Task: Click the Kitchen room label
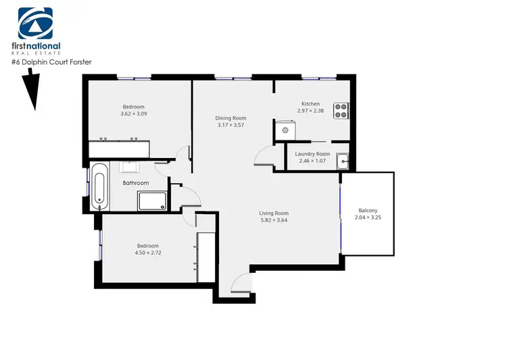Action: [310, 104]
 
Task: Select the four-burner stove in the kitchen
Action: [341, 110]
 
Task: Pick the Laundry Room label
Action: [312, 154]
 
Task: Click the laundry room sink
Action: [343, 161]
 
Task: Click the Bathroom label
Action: [136, 183]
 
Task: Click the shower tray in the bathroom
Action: [151, 201]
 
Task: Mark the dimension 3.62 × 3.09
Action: [134, 114]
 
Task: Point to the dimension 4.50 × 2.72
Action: [147, 253]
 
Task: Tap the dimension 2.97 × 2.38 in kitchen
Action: [310, 111]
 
